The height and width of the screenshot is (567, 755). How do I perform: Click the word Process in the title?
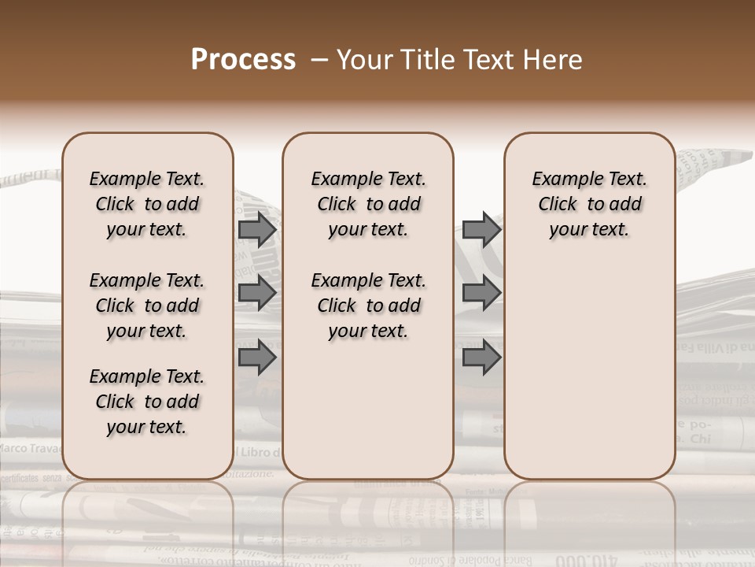pos(243,60)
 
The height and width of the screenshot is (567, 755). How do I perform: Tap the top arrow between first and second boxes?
pos(257,230)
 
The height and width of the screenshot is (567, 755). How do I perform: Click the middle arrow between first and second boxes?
pos(257,293)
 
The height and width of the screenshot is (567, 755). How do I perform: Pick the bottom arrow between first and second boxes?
pos(257,358)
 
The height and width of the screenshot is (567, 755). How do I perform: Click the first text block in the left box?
pos(147,204)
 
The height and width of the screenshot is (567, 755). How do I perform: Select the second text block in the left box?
pos(147,306)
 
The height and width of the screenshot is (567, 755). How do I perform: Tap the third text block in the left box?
pos(147,402)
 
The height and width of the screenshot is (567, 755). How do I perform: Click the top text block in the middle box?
pos(368,204)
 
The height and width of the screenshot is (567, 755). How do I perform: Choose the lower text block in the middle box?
pos(368,306)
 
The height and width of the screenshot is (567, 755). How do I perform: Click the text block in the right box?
pos(589,204)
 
